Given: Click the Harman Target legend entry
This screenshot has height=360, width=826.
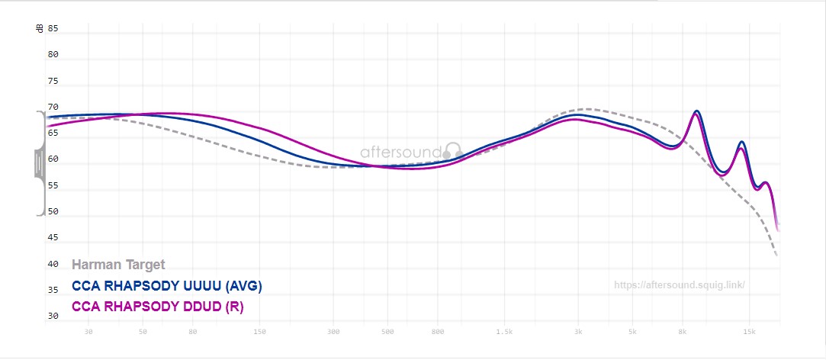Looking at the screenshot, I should [118, 265].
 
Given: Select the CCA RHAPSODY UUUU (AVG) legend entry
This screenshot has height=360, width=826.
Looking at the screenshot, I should [167, 286].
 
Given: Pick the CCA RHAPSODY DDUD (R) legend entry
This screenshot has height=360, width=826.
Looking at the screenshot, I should [162, 306].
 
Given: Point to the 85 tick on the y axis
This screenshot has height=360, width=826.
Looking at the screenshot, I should [53, 28].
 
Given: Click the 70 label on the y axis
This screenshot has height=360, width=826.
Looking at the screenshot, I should [53, 108].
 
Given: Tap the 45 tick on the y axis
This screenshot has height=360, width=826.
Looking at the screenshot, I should [53, 238].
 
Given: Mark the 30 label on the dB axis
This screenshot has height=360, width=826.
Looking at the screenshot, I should [53, 316].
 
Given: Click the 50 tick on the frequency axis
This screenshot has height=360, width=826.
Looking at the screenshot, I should [143, 332].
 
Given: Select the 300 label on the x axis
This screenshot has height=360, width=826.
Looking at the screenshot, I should [333, 332].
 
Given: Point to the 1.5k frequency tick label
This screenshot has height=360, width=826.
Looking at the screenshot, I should [503, 332].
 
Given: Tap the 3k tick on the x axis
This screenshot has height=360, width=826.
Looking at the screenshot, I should [578, 332].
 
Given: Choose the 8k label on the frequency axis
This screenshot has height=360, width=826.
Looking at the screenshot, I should [683, 332].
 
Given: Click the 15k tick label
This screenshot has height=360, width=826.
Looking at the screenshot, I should [749, 332].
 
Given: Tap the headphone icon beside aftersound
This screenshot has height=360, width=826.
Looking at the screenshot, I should [453, 151].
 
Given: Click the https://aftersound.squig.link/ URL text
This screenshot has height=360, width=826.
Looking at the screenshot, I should [679, 285].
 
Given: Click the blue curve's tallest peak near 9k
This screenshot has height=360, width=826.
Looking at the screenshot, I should [696, 111].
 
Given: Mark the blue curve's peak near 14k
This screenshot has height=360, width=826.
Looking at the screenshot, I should [741, 142].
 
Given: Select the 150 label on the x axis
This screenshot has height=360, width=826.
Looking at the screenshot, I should [259, 332].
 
